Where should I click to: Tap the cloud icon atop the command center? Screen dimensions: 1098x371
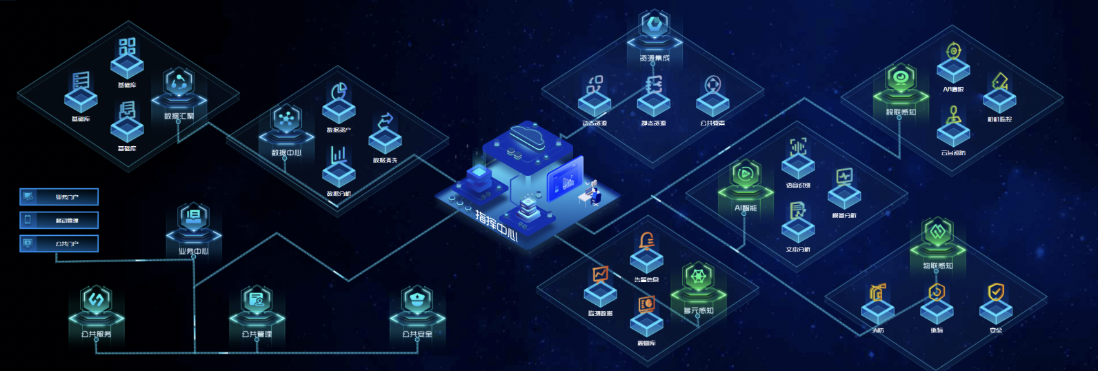point(528,134)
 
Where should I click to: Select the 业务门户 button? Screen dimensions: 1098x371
point(59,197)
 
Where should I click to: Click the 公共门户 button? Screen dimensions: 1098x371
point(59,243)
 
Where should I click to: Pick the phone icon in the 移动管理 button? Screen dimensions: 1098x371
point(28,220)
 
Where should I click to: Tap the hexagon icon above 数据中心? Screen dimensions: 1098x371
point(286,119)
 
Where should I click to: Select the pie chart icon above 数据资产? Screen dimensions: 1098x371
point(339,92)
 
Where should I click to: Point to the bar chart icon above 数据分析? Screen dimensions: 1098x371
point(339,154)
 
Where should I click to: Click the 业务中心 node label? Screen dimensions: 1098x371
point(193,251)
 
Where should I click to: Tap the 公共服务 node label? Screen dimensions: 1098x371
point(96,334)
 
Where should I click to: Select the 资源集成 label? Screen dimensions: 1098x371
point(654,59)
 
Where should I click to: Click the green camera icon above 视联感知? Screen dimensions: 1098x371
point(900,78)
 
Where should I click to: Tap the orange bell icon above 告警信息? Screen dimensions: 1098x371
point(647,241)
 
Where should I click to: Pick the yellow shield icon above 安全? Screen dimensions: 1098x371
point(996,292)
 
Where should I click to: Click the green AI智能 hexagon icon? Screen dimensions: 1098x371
point(745,174)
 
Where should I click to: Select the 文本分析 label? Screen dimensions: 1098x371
point(798,249)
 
